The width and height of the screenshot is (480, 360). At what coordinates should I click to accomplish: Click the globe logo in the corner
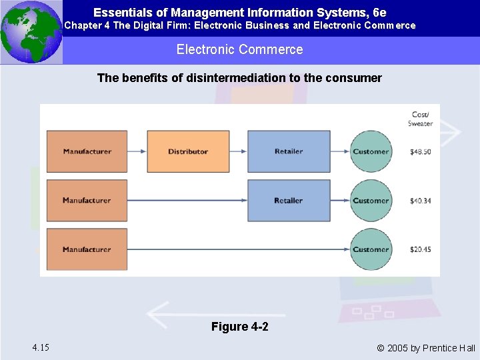pos(31,31)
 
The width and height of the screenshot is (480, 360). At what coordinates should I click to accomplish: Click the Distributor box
pos(188,151)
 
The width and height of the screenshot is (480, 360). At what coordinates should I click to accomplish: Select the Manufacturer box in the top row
pos(87,151)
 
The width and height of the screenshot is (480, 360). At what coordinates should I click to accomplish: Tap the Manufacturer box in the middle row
pos(87,201)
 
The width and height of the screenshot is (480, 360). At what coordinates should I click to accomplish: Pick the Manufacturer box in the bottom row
pos(87,249)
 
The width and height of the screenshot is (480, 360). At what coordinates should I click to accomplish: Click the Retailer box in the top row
pos(289,151)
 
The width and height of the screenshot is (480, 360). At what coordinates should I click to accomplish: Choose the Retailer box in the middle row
pos(289,201)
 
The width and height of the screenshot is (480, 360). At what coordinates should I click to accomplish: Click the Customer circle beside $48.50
pos(371,151)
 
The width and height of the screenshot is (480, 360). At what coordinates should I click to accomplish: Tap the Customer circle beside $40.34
pos(371,201)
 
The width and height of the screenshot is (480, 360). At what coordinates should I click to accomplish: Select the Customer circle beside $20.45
pos(371,249)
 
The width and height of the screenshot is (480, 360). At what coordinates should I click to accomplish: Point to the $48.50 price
pos(421,152)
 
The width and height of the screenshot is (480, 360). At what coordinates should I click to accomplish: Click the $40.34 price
pos(421,201)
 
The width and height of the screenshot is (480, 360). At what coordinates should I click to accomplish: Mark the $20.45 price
pos(421,250)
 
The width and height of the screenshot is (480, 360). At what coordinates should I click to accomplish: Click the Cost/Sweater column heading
pos(421,119)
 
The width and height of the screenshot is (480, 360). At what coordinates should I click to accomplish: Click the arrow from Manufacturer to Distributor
pos(137,151)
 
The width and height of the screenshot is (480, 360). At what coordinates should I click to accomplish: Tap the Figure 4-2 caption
pos(239,327)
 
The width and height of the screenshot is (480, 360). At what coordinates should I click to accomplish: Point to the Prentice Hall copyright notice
pos(426,348)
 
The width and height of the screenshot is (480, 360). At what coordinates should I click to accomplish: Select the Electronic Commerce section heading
pos(239,49)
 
